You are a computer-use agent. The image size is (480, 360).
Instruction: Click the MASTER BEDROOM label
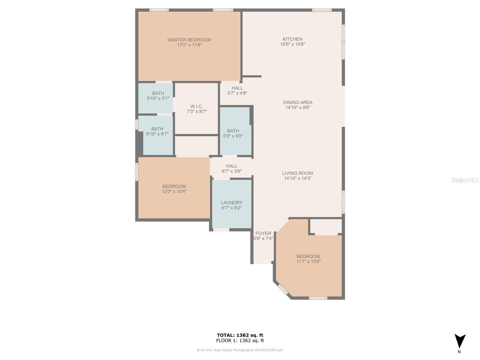click(x=189, y=40)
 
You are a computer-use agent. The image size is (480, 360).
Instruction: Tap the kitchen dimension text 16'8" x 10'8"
click(x=292, y=44)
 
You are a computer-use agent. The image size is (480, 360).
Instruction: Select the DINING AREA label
click(x=298, y=102)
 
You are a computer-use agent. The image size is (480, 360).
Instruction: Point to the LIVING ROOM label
click(x=297, y=173)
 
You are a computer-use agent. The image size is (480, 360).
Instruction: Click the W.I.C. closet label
click(x=196, y=106)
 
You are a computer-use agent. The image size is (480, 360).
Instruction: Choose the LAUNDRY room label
click(x=232, y=202)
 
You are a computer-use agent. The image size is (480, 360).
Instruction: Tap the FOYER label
click(x=263, y=233)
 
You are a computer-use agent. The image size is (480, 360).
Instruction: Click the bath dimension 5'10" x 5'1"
click(x=158, y=98)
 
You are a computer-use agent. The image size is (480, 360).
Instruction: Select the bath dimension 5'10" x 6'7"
click(x=157, y=134)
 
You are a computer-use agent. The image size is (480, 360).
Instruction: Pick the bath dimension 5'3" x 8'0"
click(x=233, y=136)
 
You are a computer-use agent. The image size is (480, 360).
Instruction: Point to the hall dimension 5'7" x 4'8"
click(x=237, y=93)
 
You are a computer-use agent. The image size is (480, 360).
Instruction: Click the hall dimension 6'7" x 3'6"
click(x=232, y=171)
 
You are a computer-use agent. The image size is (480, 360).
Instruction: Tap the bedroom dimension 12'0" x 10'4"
click(x=174, y=191)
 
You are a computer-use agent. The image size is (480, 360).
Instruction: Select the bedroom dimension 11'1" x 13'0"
click(x=308, y=261)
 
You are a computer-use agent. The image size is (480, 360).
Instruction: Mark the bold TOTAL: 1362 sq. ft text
click(x=240, y=335)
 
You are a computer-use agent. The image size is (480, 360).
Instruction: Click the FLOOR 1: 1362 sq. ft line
click(x=240, y=340)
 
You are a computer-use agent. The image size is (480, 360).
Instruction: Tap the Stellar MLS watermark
click(x=465, y=180)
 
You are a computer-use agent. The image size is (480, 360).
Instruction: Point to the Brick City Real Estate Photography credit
click(x=240, y=350)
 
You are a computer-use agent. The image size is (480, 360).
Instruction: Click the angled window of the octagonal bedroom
click(x=283, y=289)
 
